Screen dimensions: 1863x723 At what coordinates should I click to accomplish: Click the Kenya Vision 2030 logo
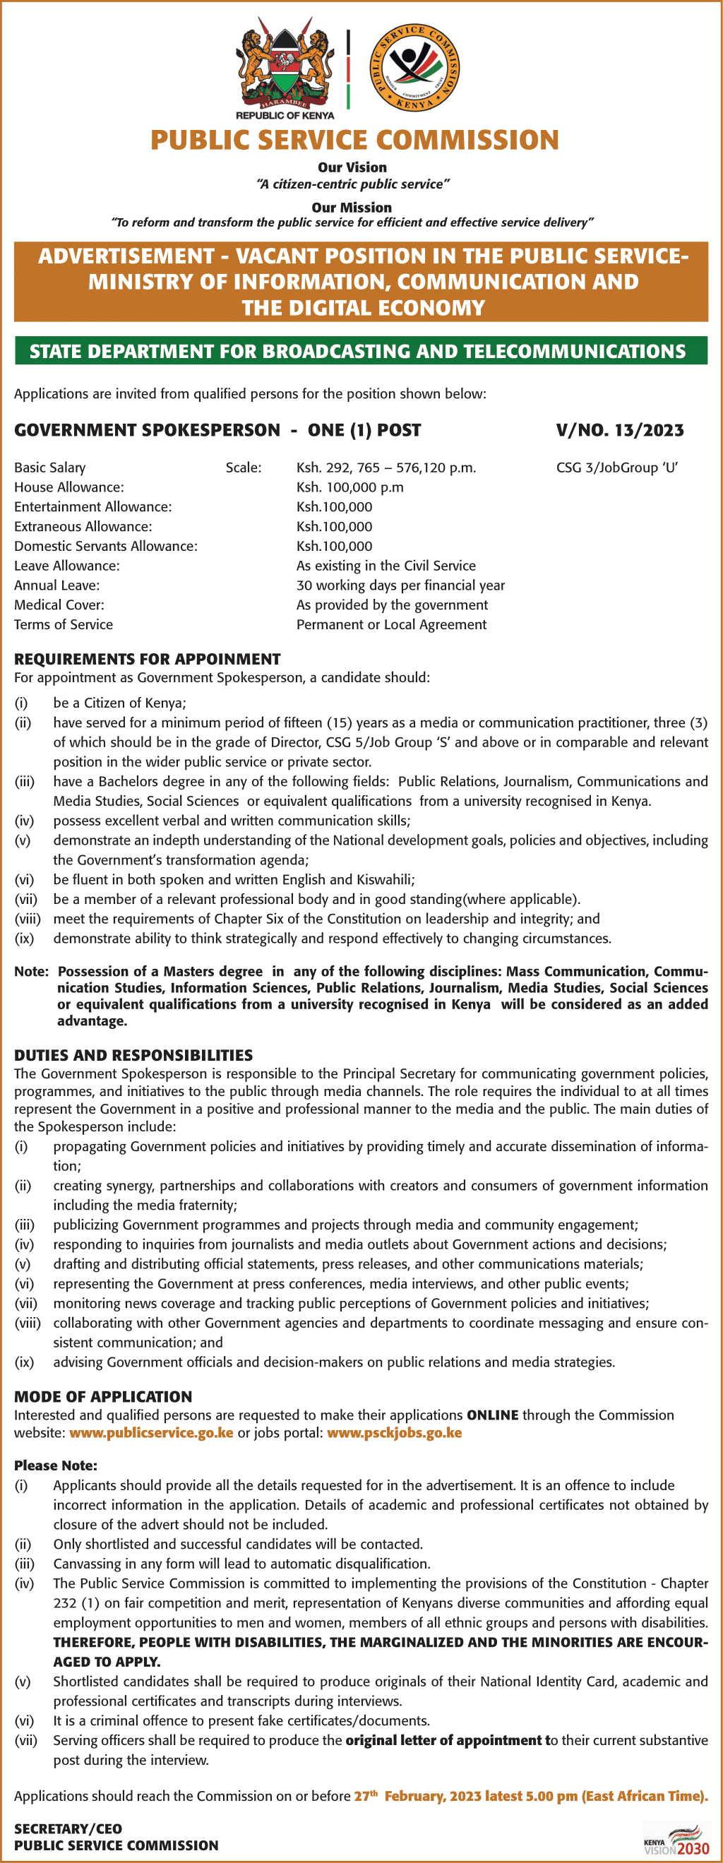pos(676,1841)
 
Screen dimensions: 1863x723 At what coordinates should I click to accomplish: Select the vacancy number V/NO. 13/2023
pos(620,430)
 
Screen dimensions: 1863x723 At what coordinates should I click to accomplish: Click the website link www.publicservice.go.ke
pos(151,1433)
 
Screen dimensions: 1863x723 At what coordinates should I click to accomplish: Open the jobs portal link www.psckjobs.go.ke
pos(394,1433)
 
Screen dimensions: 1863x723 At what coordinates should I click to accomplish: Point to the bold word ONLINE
pos(492,1415)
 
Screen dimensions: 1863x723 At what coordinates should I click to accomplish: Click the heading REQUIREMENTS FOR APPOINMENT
pos(148,659)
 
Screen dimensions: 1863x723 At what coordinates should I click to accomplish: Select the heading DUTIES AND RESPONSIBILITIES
pos(133,1055)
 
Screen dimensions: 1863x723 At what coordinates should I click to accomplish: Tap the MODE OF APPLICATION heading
pos(103,1396)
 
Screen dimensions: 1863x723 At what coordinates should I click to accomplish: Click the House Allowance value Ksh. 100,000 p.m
pos(350,487)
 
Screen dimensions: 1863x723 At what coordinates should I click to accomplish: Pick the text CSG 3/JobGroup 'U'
pos(616,468)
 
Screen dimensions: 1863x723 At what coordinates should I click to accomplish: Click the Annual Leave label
pos(57,585)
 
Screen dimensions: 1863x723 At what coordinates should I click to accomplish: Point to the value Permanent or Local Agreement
pos(391,624)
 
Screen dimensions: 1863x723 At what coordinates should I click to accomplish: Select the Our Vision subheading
pos(352,167)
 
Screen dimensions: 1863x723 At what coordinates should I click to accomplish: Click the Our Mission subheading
pos(352,208)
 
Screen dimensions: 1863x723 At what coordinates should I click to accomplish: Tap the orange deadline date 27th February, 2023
pos(417,1796)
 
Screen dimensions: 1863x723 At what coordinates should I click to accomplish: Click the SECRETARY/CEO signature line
pos(68,1828)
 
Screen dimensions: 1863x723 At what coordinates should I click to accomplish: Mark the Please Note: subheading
pos(56,1465)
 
